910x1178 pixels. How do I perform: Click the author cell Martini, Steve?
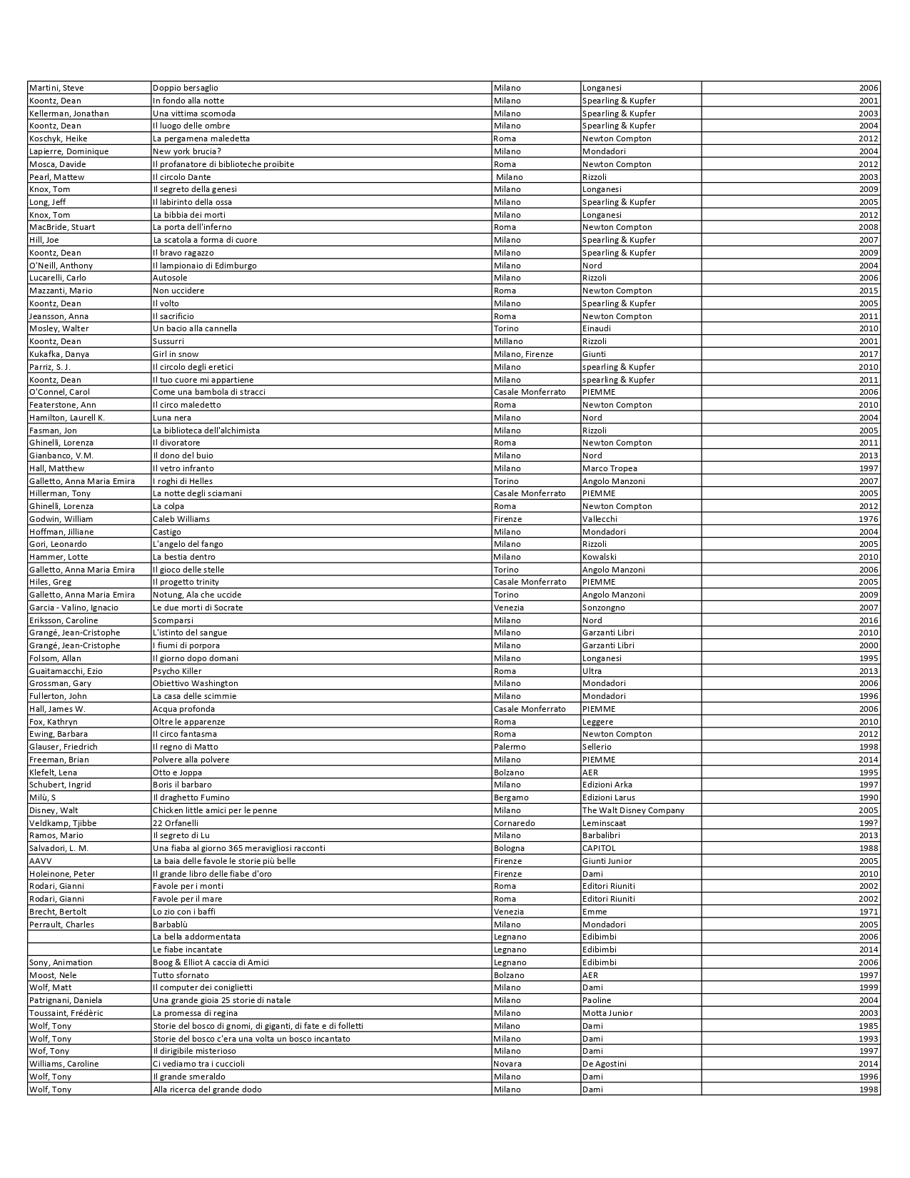point(56,88)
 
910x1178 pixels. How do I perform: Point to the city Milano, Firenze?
point(523,354)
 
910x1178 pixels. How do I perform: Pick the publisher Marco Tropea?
point(610,468)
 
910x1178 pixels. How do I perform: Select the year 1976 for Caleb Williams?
point(869,519)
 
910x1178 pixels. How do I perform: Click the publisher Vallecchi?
point(600,519)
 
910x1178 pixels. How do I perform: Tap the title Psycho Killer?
point(177,671)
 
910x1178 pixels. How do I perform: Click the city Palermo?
point(510,747)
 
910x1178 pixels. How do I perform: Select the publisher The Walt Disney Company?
point(633,810)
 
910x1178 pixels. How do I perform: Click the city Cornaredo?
point(514,823)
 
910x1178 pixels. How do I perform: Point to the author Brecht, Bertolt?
point(58,912)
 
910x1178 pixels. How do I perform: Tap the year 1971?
point(869,912)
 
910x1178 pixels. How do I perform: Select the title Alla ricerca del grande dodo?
point(207,1089)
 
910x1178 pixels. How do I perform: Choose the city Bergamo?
point(511,797)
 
